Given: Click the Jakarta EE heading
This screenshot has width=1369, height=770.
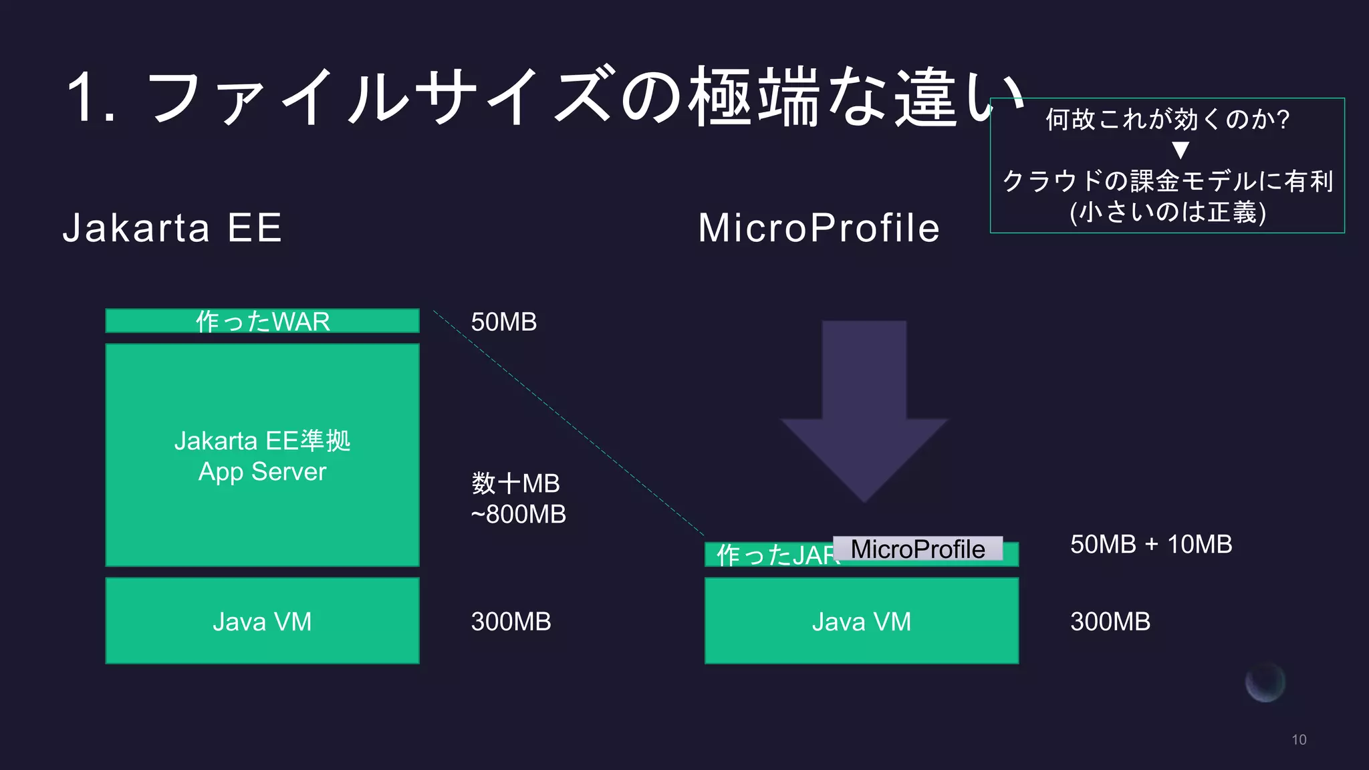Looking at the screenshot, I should tap(172, 228).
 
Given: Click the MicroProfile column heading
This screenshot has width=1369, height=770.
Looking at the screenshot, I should tap(819, 228).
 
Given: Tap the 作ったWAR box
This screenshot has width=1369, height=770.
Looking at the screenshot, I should tap(262, 322).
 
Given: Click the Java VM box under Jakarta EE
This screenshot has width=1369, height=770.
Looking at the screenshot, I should tap(262, 622).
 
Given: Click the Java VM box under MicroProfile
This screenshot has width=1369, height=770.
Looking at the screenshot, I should tap(861, 622).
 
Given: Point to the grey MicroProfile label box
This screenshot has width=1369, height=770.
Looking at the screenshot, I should tap(918, 549).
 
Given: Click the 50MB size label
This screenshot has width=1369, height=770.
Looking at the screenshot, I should tap(503, 322).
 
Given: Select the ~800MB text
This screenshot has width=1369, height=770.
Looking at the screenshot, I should tap(518, 515).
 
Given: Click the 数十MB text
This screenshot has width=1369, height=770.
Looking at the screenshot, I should tap(515, 483).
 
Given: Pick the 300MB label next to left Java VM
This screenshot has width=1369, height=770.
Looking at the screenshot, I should tap(511, 622).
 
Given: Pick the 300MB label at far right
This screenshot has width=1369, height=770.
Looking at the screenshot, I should tap(1110, 622).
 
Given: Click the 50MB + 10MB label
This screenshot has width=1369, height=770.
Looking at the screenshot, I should tap(1150, 545).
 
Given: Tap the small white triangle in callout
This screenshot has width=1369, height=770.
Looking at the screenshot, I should tap(1180, 150).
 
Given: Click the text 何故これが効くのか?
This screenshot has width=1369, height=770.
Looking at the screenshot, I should tap(1167, 120).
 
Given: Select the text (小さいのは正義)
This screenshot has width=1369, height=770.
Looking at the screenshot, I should tap(1167, 213).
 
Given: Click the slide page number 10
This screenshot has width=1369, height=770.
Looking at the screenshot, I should tap(1298, 740).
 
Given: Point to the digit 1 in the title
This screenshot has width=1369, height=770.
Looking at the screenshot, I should tap(82, 98).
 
